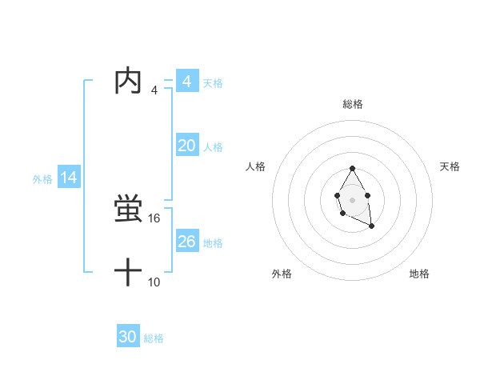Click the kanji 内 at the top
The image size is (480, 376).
click(128, 82)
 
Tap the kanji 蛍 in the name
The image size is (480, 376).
click(128, 210)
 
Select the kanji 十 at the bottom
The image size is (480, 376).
click(128, 273)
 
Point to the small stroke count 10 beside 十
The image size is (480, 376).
click(155, 282)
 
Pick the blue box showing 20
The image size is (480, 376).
click(187, 146)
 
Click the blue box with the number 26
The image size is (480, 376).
click(187, 242)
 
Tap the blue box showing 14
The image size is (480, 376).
click(69, 178)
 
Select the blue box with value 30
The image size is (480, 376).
click(128, 337)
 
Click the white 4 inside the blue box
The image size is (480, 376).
click(187, 82)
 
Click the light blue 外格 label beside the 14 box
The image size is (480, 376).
click(42, 179)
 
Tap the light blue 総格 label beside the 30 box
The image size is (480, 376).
click(154, 338)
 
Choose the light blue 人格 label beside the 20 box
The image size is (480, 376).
click(213, 147)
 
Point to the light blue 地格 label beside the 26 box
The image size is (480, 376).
click(213, 243)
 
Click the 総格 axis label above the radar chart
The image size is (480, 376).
click(353, 104)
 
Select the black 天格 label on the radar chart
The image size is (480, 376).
click(450, 166)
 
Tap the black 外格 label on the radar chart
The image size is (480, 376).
click(282, 274)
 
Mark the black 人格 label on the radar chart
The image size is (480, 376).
click(256, 166)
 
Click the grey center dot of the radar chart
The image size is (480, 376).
click(352, 199)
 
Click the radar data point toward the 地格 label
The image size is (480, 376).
click(371, 226)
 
